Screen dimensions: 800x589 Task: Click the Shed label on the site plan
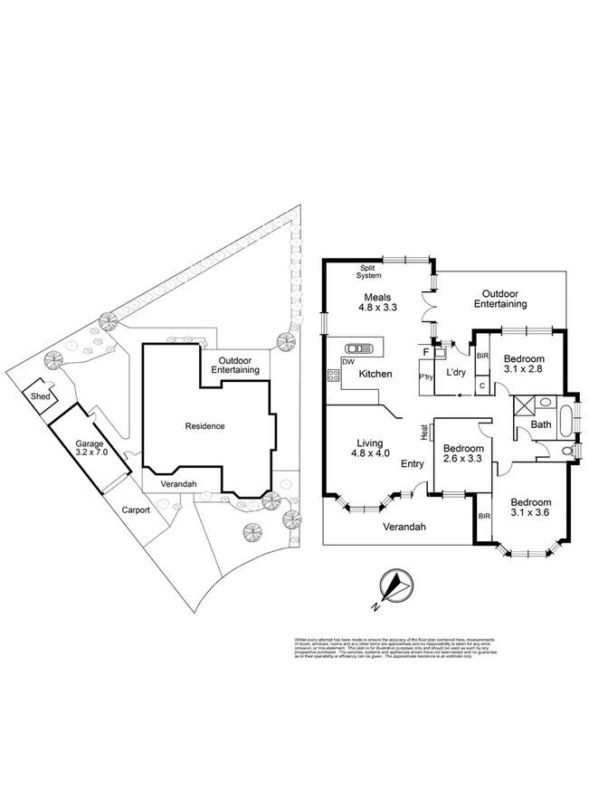coord(40,395)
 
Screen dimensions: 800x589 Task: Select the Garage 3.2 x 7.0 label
coord(90,447)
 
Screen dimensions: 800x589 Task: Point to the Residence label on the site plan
coord(204,425)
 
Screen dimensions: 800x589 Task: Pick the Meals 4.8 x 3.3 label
coord(378,302)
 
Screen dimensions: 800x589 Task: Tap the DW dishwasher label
coord(347,362)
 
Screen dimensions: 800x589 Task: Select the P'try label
coord(424,376)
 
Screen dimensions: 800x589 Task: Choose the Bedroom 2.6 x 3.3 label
coord(462,454)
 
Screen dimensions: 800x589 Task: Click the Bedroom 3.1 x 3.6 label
coord(531,510)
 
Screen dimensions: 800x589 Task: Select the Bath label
coord(541,424)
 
